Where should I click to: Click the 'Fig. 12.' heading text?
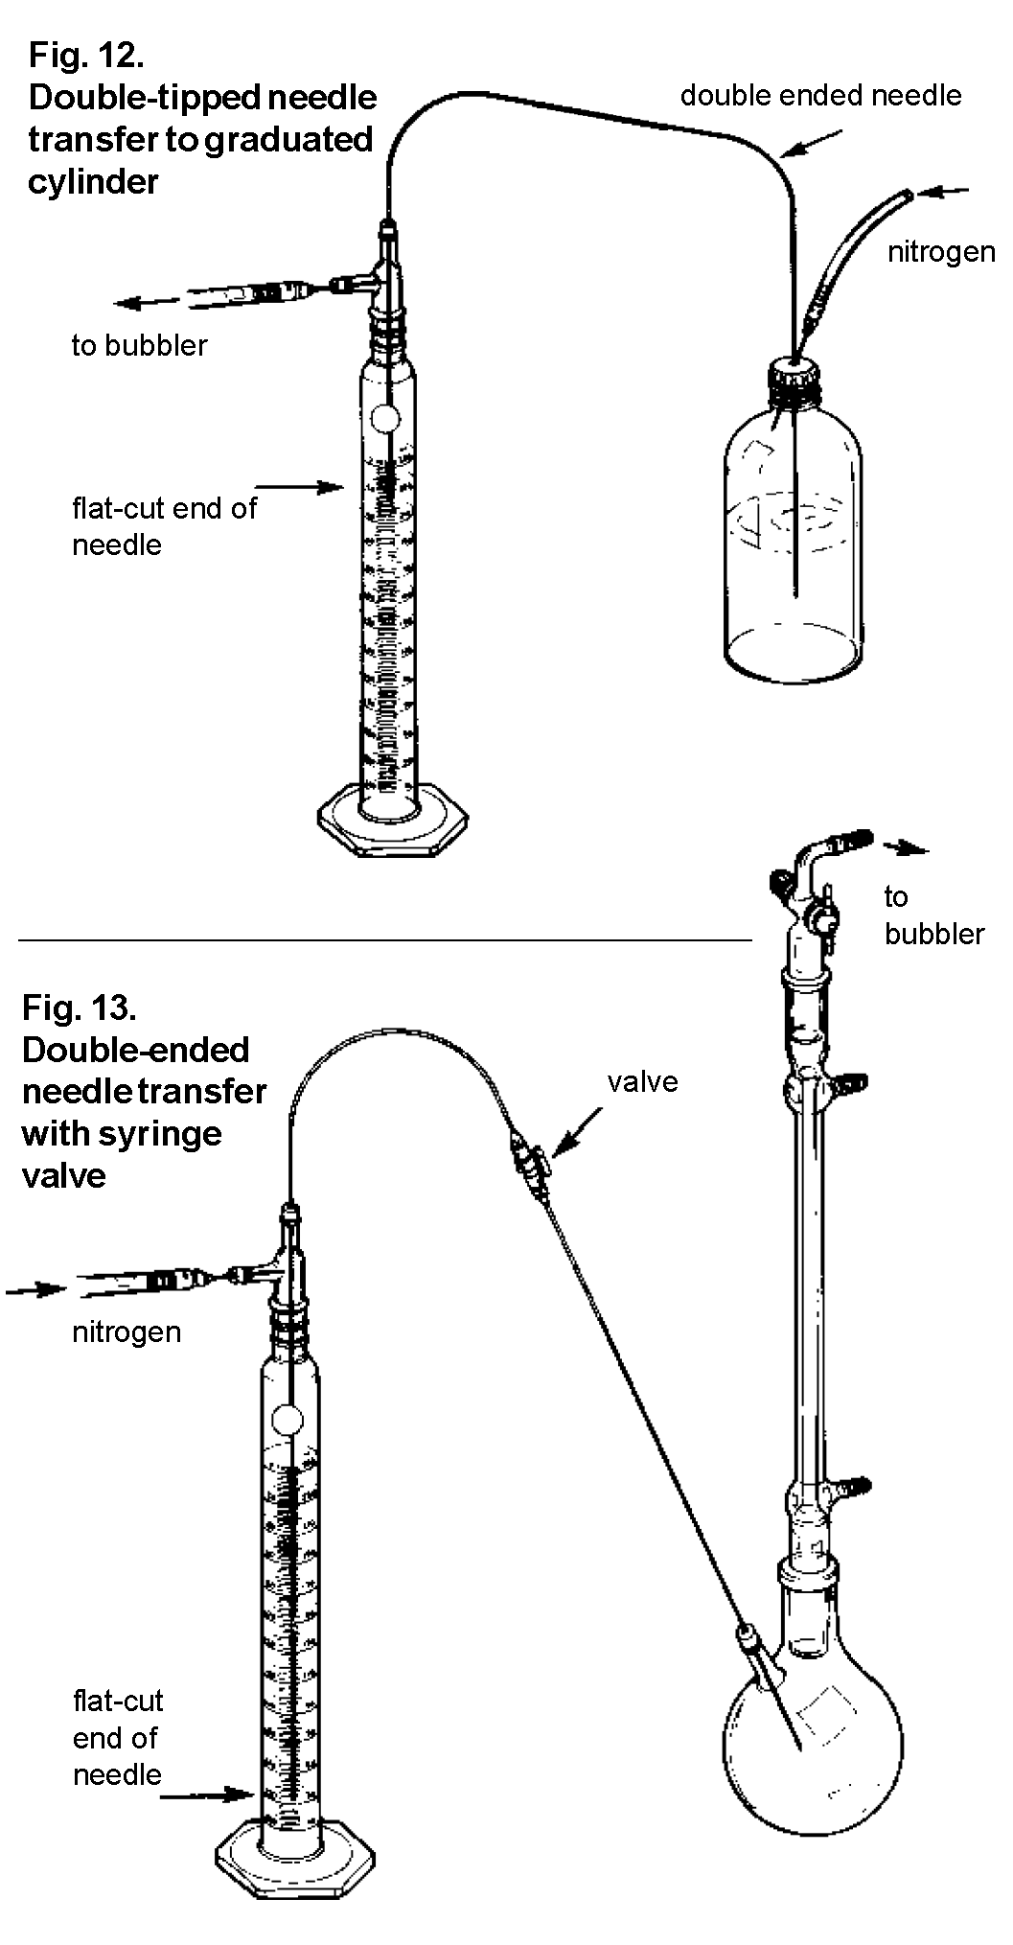click(x=86, y=56)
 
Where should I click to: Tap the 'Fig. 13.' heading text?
click(x=80, y=1007)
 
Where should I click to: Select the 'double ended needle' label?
click(x=820, y=95)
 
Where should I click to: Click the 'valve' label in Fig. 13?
click(x=642, y=1081)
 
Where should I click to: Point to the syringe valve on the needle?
click(x=530, y=1157)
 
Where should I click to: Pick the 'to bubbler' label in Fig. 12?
click(x=139, y=345)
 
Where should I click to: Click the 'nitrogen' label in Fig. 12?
click(x=940, y=252)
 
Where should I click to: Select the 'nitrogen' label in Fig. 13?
click(x=127, y=1331)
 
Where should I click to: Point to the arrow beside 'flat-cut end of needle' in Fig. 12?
click(x=312, y=487)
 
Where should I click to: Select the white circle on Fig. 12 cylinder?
click(x=384, y=417)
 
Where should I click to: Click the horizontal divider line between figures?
click(x=383, y=940)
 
